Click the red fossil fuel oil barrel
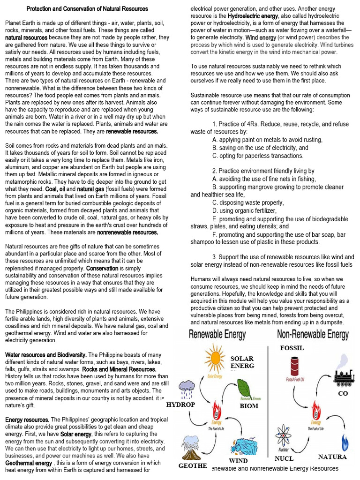[294, 366]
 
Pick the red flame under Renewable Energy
[216, 410]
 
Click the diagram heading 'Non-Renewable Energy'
[313, 335]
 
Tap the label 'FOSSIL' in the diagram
[292, 348]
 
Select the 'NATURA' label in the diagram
[332, 457]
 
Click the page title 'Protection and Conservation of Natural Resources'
[87, 9]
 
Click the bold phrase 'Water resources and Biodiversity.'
[45, 355]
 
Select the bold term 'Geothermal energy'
[29, 463]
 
